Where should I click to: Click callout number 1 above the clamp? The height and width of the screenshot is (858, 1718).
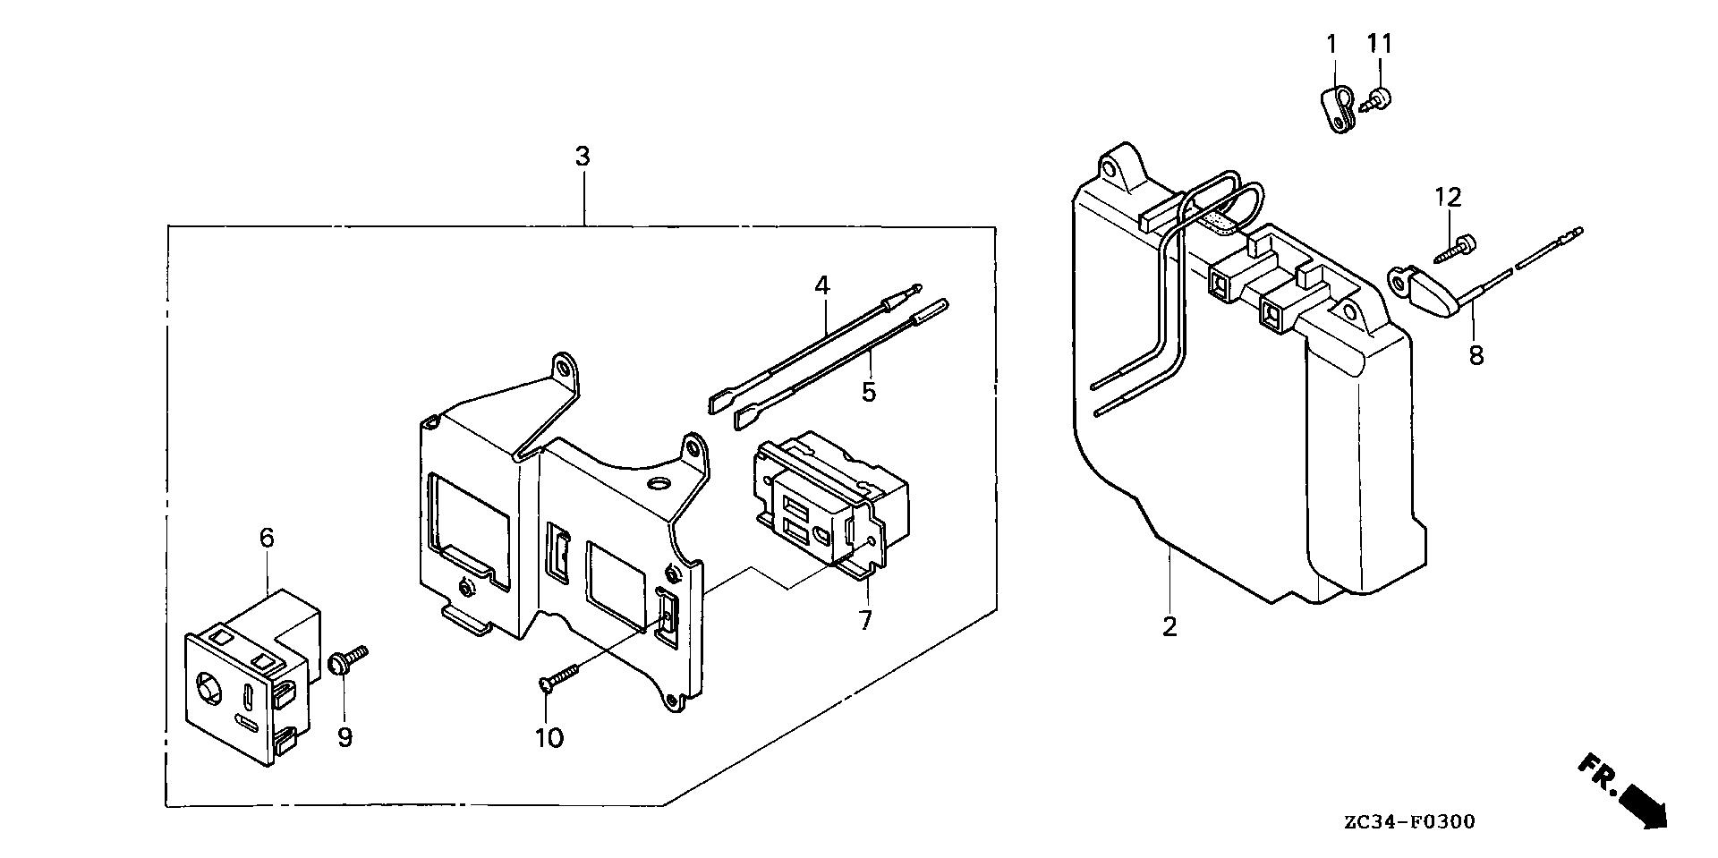coord(1331,44)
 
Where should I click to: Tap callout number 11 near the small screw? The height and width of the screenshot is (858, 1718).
coord(1379,44)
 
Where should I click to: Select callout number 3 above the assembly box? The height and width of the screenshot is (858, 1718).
coord(583,157)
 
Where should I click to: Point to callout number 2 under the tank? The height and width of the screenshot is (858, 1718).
coord(1169,627)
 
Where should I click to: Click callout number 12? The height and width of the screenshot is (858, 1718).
coord(1448,198)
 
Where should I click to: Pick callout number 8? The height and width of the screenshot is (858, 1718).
coord(1476,355)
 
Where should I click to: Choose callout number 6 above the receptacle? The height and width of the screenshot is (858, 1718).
coord(267,538)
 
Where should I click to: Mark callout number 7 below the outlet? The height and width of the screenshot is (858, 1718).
coord(865,620)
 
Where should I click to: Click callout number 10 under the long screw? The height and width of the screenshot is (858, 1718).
coord(549,738)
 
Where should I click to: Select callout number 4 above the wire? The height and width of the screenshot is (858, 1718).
coord(821,286)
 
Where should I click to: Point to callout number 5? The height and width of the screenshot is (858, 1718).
coord(869,391)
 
